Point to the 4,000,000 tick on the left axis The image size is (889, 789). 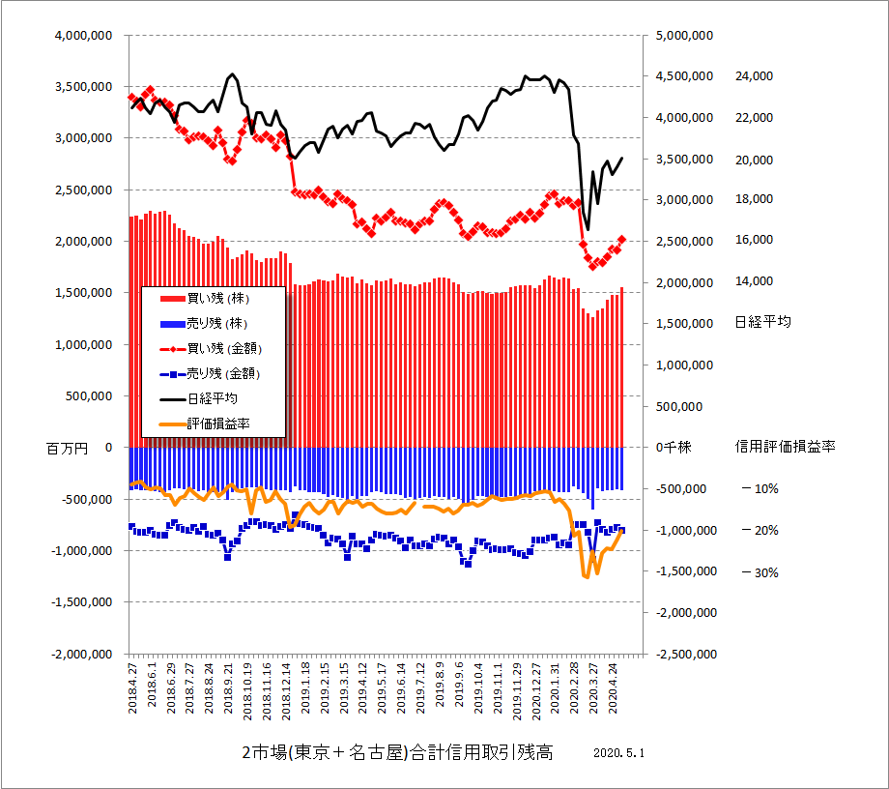pos(85,35)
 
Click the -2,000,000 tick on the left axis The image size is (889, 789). pos(81,654)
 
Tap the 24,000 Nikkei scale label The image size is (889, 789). pos(755,76)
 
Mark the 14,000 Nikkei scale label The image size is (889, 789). pos(755,281)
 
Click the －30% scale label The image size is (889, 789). pos(760,572)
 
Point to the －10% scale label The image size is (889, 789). pos(760,489)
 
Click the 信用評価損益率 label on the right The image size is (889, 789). pos(785,447)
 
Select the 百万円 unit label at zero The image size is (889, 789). pos(67,449)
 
